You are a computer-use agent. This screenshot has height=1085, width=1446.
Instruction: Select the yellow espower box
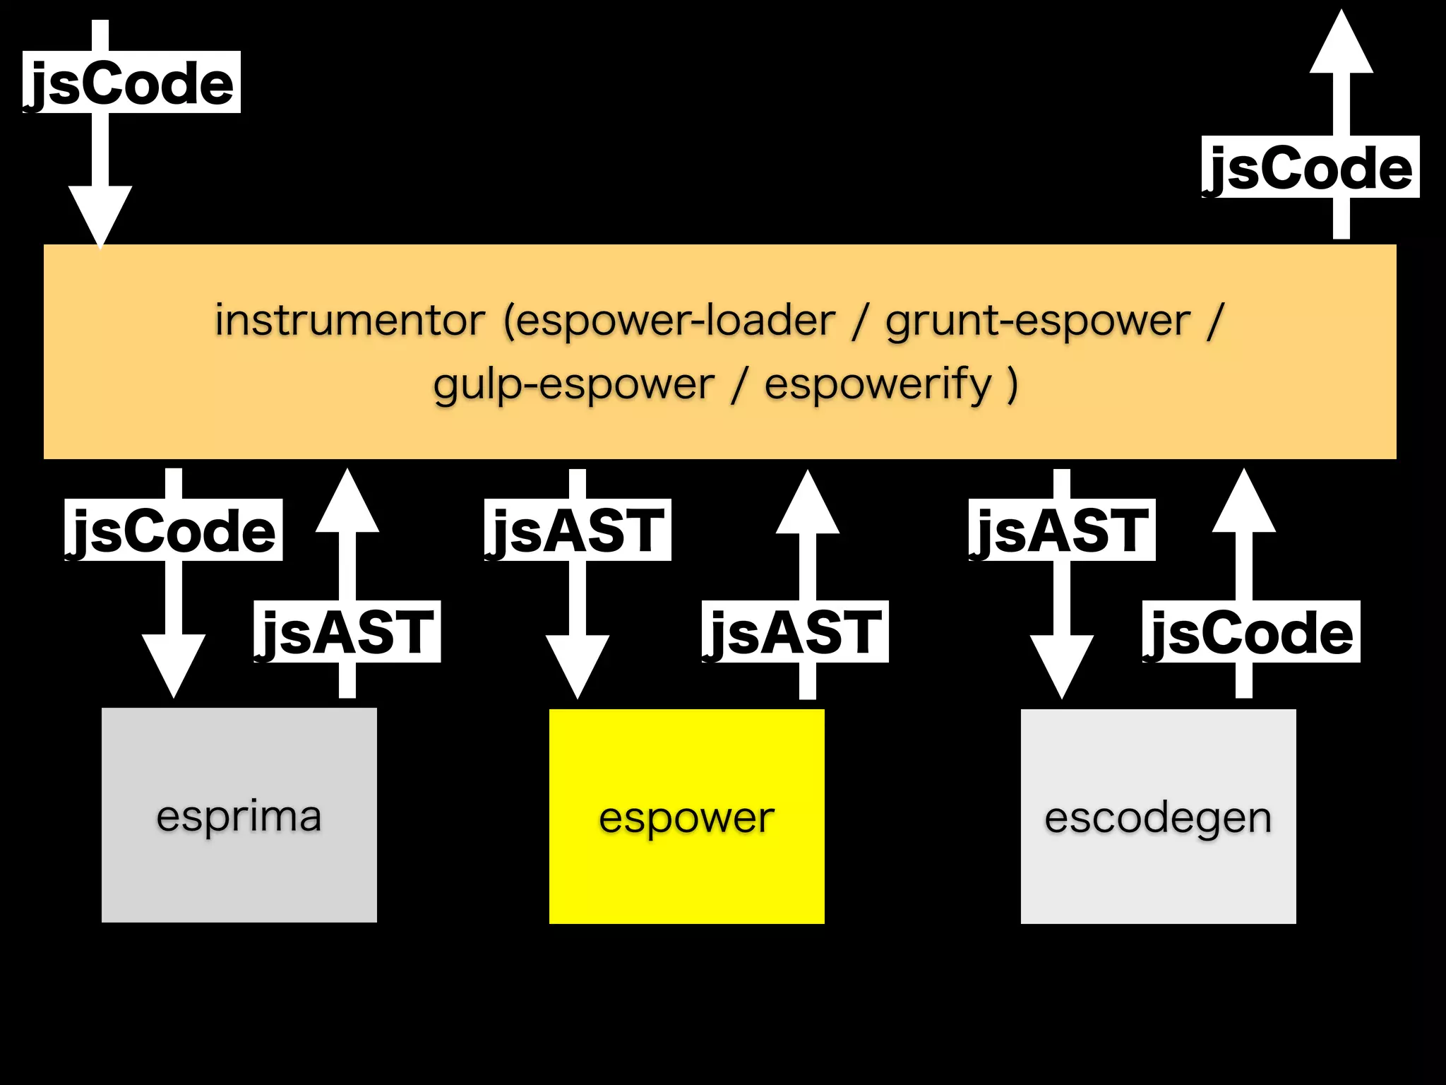pos(686,816)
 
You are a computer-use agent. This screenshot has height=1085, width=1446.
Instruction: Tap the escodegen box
pos(1158,816)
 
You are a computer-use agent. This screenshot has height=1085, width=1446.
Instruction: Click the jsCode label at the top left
pos(131,83)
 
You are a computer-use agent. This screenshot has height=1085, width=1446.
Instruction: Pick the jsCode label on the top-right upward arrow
pos(1310,167)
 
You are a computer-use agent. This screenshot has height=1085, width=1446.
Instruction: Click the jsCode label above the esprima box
pos(173,530)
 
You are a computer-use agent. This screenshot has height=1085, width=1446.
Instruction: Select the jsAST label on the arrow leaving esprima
pos(347,632)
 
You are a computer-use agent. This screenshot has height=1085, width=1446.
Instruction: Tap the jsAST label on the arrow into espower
pos(577,530)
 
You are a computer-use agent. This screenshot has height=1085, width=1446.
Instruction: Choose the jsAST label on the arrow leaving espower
pos(794,632)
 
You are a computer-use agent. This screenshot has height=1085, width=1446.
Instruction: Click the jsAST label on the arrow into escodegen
pos(1061,530)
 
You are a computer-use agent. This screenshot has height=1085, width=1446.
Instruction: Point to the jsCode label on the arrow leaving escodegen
pos(1250,632)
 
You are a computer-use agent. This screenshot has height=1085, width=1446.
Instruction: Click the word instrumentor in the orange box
pos(349,320)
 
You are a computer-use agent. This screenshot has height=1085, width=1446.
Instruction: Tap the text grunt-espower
pos(1038,320)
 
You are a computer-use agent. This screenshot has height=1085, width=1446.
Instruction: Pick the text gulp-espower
pos(573,384)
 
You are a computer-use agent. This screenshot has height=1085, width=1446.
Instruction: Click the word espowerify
pos(878,384)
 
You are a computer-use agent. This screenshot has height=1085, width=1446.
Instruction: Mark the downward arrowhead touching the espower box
pos(577,664)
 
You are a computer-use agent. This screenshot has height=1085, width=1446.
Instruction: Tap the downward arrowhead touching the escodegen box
pos(1061,664)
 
